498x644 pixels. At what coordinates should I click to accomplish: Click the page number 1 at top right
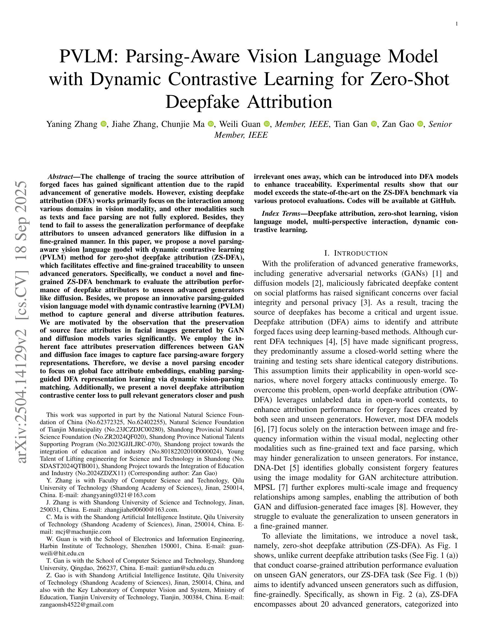click(x=457, y=24)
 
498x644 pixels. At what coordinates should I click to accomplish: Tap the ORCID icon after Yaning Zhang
click(x=103, y=124)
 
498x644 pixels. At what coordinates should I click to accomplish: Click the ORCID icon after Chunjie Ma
click(x=211, y=124)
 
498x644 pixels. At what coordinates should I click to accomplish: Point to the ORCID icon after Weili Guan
click(x=266, y=124)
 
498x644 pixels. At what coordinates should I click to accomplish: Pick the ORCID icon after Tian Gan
click(x=373, y=124)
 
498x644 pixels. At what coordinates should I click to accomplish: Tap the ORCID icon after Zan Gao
click(x=420, y=124)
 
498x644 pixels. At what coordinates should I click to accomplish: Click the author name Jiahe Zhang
click(x=134, y=124)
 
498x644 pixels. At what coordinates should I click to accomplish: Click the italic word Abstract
click(x=60, y=177)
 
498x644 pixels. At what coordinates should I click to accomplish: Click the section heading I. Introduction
click(x=356, y=253)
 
